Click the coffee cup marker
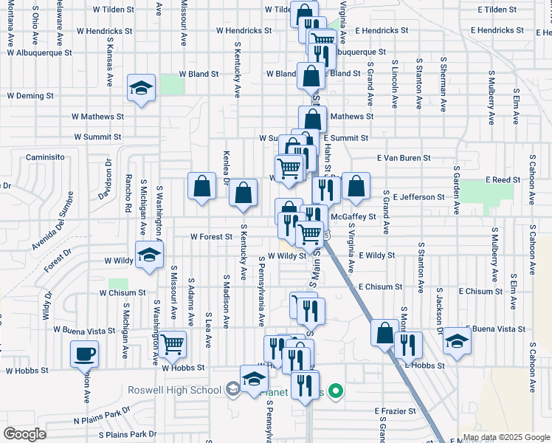(x=84, y=354)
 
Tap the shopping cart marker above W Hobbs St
(x=172, y=343)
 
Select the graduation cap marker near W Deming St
(x=141, y=88)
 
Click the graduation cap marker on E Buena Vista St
(x=458, y=340)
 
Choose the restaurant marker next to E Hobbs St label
(x=407, y=344)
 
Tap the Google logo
(x=24, y=434)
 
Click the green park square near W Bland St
(x=172, y=84)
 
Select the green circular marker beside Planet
(x=336, y=391)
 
